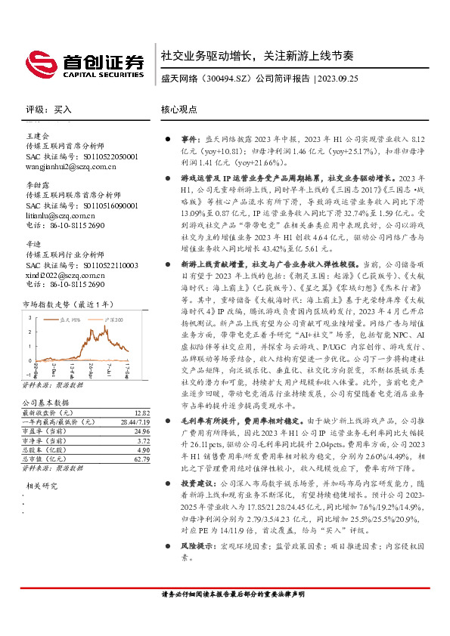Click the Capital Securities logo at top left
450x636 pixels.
pos(83,62)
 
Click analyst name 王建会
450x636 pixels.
pos(38,135)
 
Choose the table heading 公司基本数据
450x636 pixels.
pos(45,403)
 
